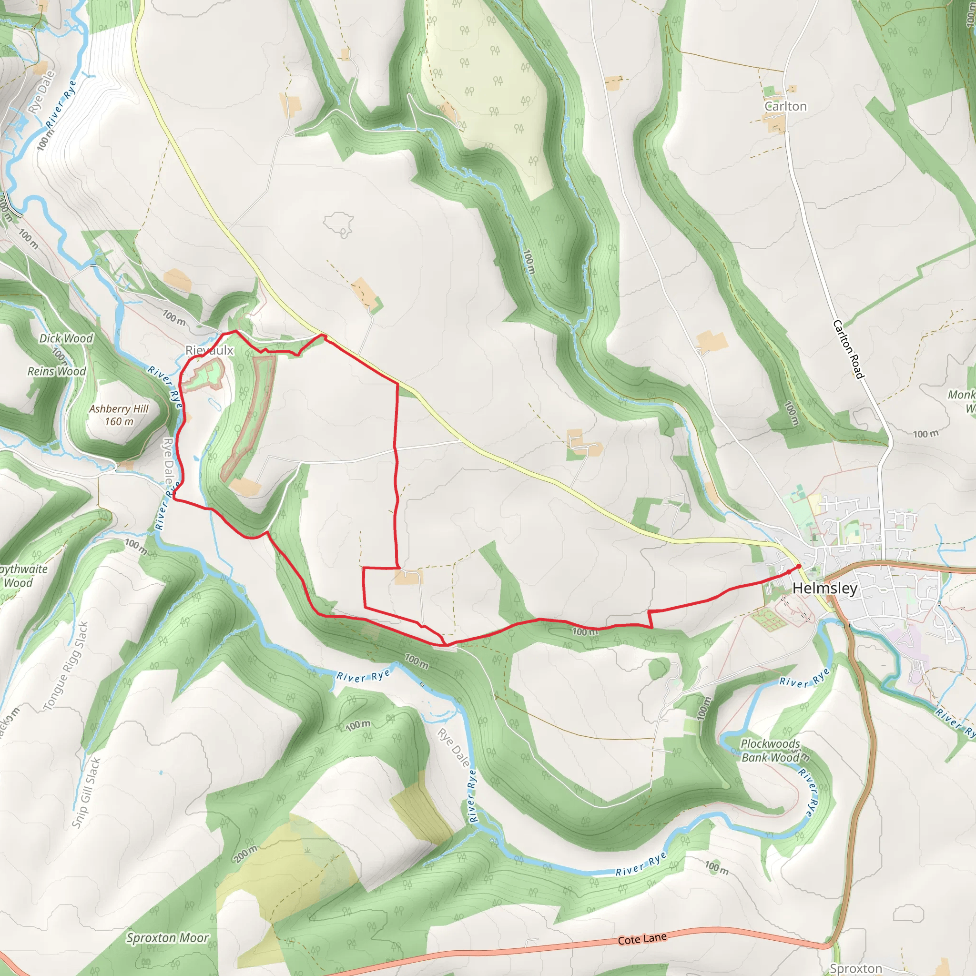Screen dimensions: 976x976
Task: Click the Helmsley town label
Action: (824, 588)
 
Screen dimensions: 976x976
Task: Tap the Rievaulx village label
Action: (209, 350)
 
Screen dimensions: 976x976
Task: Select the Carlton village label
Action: (785, 106)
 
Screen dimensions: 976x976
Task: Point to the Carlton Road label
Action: (849, 349)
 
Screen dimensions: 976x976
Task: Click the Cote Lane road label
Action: (642, 939)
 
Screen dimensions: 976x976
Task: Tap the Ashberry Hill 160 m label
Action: (119, 415)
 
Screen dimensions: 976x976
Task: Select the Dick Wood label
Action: (66, 338)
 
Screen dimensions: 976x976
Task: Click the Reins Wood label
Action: (57, 371)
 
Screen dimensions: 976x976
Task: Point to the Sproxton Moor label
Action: (167, 938)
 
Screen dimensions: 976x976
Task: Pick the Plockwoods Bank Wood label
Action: (771, 750)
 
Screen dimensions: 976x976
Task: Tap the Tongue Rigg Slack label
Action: (66, 666)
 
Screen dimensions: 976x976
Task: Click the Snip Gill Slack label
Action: (86, 793)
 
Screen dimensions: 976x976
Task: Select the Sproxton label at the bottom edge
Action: (856, 968)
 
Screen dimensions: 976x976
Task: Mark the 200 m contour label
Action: (245, 853)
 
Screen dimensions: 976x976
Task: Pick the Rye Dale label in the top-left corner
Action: (41, 92)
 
